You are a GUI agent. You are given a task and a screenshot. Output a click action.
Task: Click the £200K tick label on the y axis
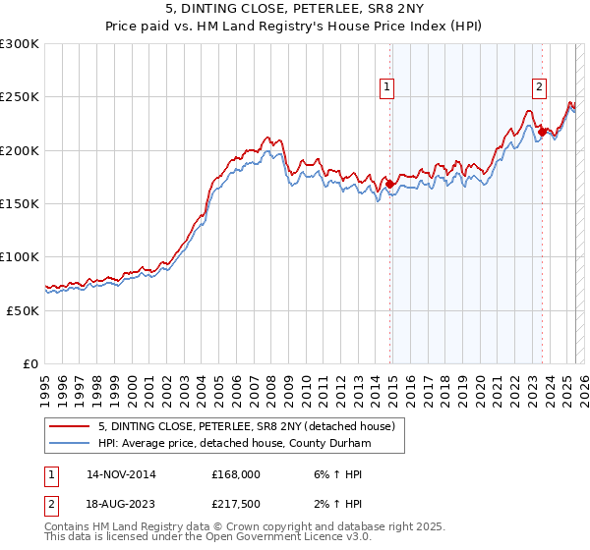(20, 150)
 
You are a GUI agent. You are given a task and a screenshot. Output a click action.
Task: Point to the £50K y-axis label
(23, 309)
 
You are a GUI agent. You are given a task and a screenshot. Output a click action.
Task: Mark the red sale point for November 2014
(390, 184)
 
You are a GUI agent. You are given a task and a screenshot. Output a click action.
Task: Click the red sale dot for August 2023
(543, 131)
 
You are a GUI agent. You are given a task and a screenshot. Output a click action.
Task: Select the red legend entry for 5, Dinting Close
(246, 426)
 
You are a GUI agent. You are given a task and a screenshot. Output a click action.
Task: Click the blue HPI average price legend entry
(233, 444)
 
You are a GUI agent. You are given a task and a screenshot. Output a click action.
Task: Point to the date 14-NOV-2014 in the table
(121, 474)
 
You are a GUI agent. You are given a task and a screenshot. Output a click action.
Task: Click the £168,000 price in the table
(235, 474)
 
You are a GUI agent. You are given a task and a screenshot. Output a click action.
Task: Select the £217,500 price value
(235, 504)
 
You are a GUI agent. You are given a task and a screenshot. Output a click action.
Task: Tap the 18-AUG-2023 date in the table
(121, 504)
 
